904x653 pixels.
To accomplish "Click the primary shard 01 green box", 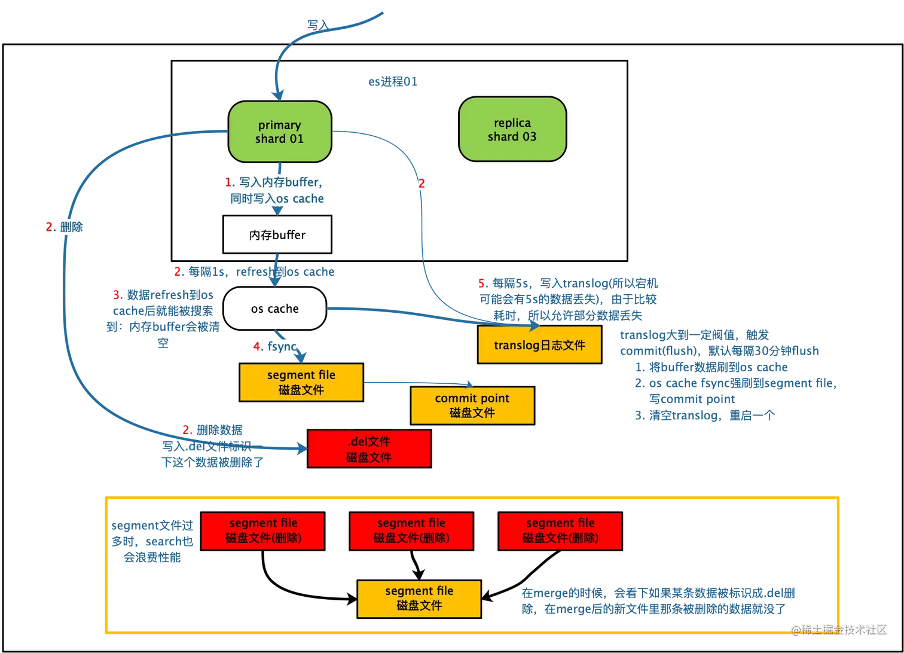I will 280,132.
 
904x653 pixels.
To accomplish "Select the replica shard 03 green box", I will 512,130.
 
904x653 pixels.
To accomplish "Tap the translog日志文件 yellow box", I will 539,345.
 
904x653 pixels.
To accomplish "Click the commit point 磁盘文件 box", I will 472,405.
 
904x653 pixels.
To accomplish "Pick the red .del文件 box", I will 369,449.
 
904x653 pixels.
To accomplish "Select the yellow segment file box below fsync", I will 301,383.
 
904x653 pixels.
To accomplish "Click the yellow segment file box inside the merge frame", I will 419,599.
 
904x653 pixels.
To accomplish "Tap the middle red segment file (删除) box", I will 411,530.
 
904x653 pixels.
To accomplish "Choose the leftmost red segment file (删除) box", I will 262,530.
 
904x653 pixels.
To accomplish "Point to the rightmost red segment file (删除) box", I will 560,530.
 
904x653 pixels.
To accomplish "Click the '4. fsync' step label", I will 274,346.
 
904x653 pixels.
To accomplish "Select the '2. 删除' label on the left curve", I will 65,227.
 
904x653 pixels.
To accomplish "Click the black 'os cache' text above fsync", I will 274,309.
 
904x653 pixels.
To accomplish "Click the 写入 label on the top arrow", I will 317,25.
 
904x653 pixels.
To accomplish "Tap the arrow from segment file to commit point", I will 419,382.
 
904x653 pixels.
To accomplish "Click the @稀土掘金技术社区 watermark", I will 838,628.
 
